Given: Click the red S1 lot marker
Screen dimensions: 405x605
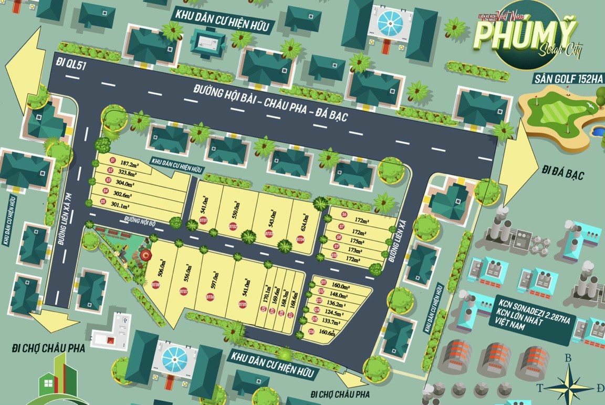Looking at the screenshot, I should [111, 160].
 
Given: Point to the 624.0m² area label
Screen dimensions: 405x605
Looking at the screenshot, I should [305, 220].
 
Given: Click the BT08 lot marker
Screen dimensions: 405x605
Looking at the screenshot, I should [155, 284].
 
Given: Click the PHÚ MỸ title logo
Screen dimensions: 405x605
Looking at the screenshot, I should [506, 36].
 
